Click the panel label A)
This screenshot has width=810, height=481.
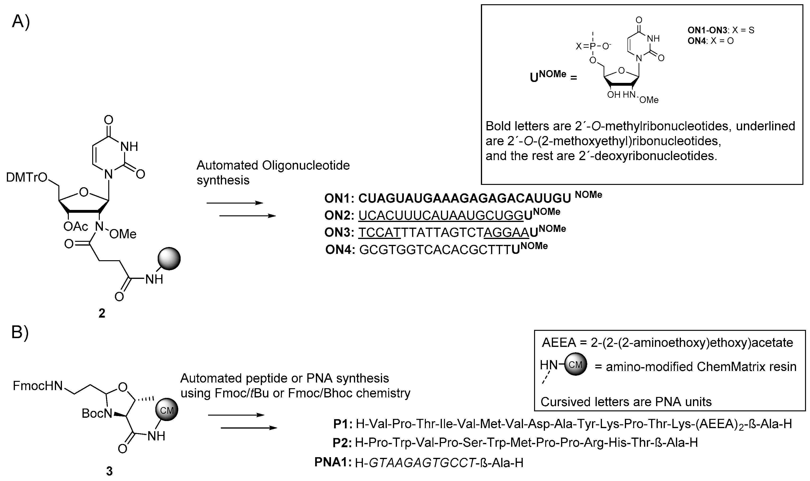pyautogui.click(x=20, y=22)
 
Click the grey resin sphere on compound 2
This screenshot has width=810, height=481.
pyautogui.click(x=169, y=259)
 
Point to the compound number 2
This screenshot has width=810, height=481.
pyautogui.click(x=102, y=313)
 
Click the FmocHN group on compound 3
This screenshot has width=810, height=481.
pyautogui.click(x=38, y=386)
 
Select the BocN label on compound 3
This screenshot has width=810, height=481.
pyautogui.click(x=97, y=413)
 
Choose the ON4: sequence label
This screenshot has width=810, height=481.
pyautogui.click(x=340, y=250)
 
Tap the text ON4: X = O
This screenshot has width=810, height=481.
pyautogui.click(x=710, y=41)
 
